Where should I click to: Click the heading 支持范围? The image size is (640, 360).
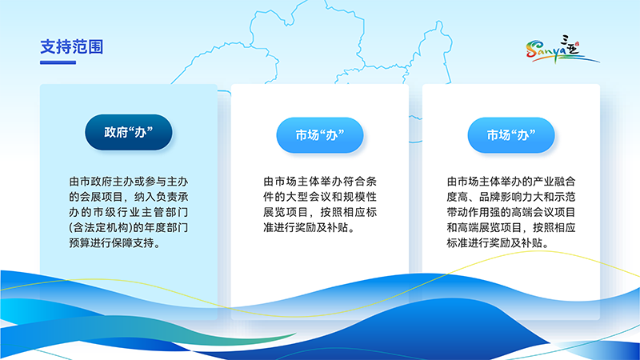71,47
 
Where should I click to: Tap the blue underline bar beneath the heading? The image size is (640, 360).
58,62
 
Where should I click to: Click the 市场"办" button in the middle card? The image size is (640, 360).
319,135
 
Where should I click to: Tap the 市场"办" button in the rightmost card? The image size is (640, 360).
510,135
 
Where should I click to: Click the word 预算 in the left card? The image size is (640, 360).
81,244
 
